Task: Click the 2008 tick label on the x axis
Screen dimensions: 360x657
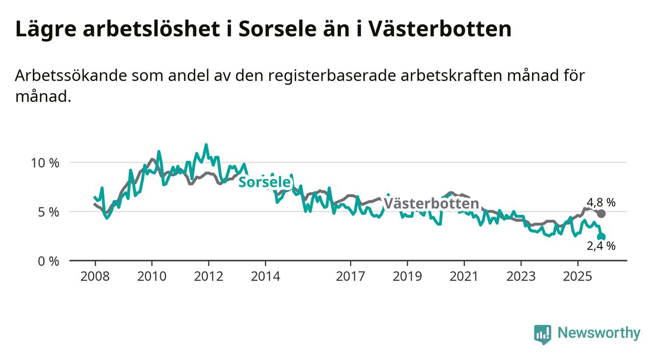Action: click(x=95, y=277)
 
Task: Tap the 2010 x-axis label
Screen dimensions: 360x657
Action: click(x=152, y=277)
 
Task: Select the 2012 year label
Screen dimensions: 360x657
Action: click(x=208, y=277)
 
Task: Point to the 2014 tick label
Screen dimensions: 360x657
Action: click(x=265, y=277)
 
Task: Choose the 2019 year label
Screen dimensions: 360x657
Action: click(x=407, y=277)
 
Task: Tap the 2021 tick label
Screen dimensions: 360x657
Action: click(x=464, y=277)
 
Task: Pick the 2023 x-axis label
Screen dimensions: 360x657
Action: click(x=521, y=277)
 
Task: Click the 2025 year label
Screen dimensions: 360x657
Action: click(x=578, y=277)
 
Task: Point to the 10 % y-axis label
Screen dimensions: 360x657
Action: click(x=45, y=163)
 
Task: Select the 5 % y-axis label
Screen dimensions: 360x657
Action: click(x=48, y=212)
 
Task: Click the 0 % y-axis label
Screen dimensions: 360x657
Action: click(x=48, y=261)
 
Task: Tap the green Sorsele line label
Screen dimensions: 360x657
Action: click(x=264, y=182)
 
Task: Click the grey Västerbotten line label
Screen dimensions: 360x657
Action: click(x=431, y=204)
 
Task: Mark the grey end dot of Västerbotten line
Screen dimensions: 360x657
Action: click(x=601, y=213)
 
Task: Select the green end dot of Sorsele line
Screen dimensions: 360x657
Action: click(x=602, y=237)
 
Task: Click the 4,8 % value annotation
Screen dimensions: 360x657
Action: click(x=601, y=202)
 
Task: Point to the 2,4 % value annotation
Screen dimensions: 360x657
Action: click(x=601, y=246)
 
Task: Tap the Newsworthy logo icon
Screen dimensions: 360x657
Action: click(x=542, y=334)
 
